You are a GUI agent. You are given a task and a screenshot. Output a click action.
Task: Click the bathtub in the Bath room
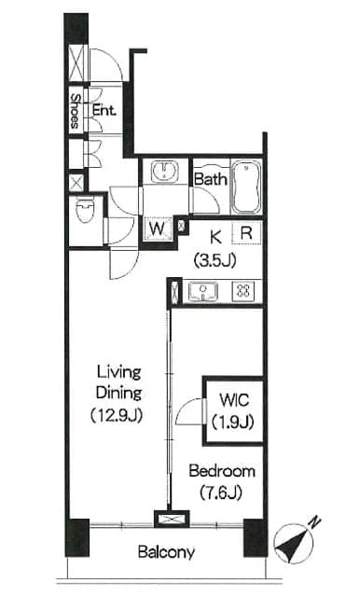pyautogui.click(x=246, y=187)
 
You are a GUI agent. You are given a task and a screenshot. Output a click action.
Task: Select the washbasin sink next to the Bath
pyautogui.click(x=164, y=172)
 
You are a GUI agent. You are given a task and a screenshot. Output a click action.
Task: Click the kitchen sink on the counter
pyautogui.click(x=202, y=292)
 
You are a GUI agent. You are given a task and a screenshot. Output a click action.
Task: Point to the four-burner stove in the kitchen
pyautogui.click(x=243, y=291)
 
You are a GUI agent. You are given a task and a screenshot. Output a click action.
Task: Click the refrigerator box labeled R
pyautogui.click(x=246, y=232)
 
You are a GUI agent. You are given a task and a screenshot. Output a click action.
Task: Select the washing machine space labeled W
pyautogui.click(x=158, y=229)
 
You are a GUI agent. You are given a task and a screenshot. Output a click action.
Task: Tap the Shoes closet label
pyautogui.click(x=76, y=111)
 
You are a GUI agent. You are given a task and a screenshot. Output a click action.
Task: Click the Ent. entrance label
pyautogui.click(x=104, y=110)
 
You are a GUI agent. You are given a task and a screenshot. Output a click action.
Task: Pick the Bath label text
pyautogui.click(x=211, y=179)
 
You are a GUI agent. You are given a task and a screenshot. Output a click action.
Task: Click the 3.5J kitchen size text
pyautogui.click(x=215, y=260)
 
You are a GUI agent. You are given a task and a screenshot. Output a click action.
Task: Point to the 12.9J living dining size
pyautogui.click(x=117, y=415)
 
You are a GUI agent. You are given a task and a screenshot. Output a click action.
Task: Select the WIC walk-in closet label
pyautogui.click(x=234, y=400)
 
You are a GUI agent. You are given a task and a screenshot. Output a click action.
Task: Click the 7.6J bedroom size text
pyautogui.click(x=221, y=493)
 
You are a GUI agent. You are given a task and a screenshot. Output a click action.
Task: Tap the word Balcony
pyautogui.click(x=166, y=551)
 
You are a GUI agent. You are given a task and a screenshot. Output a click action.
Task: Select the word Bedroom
pyautogui.click(x=222, y=471)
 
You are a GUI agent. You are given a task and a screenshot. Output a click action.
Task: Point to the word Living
pyautogui.click(x=119, y=372)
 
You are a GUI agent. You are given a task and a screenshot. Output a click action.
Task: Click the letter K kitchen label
pyautogui.click(x=215, y=237)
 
